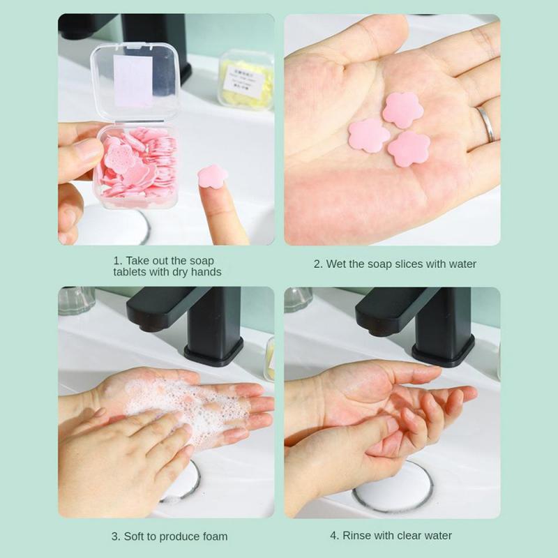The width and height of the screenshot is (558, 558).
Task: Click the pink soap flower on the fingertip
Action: (212, 176)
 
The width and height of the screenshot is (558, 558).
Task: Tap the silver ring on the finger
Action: (485, 123)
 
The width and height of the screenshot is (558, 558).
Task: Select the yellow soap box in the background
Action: (246, 79)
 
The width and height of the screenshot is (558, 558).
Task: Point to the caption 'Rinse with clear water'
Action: (391, 536)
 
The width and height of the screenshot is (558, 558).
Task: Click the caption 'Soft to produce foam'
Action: (169, 536)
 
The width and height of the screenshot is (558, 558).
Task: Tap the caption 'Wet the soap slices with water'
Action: (395, 264)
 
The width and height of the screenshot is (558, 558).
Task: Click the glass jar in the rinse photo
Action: (298, 298)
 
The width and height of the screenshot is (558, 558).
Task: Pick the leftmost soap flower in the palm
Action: (369, 135)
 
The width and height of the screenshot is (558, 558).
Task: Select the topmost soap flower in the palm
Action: (402, 110)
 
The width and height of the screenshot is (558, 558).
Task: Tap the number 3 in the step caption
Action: (115, 536)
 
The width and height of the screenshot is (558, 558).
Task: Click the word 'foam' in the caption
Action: (213, 536)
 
